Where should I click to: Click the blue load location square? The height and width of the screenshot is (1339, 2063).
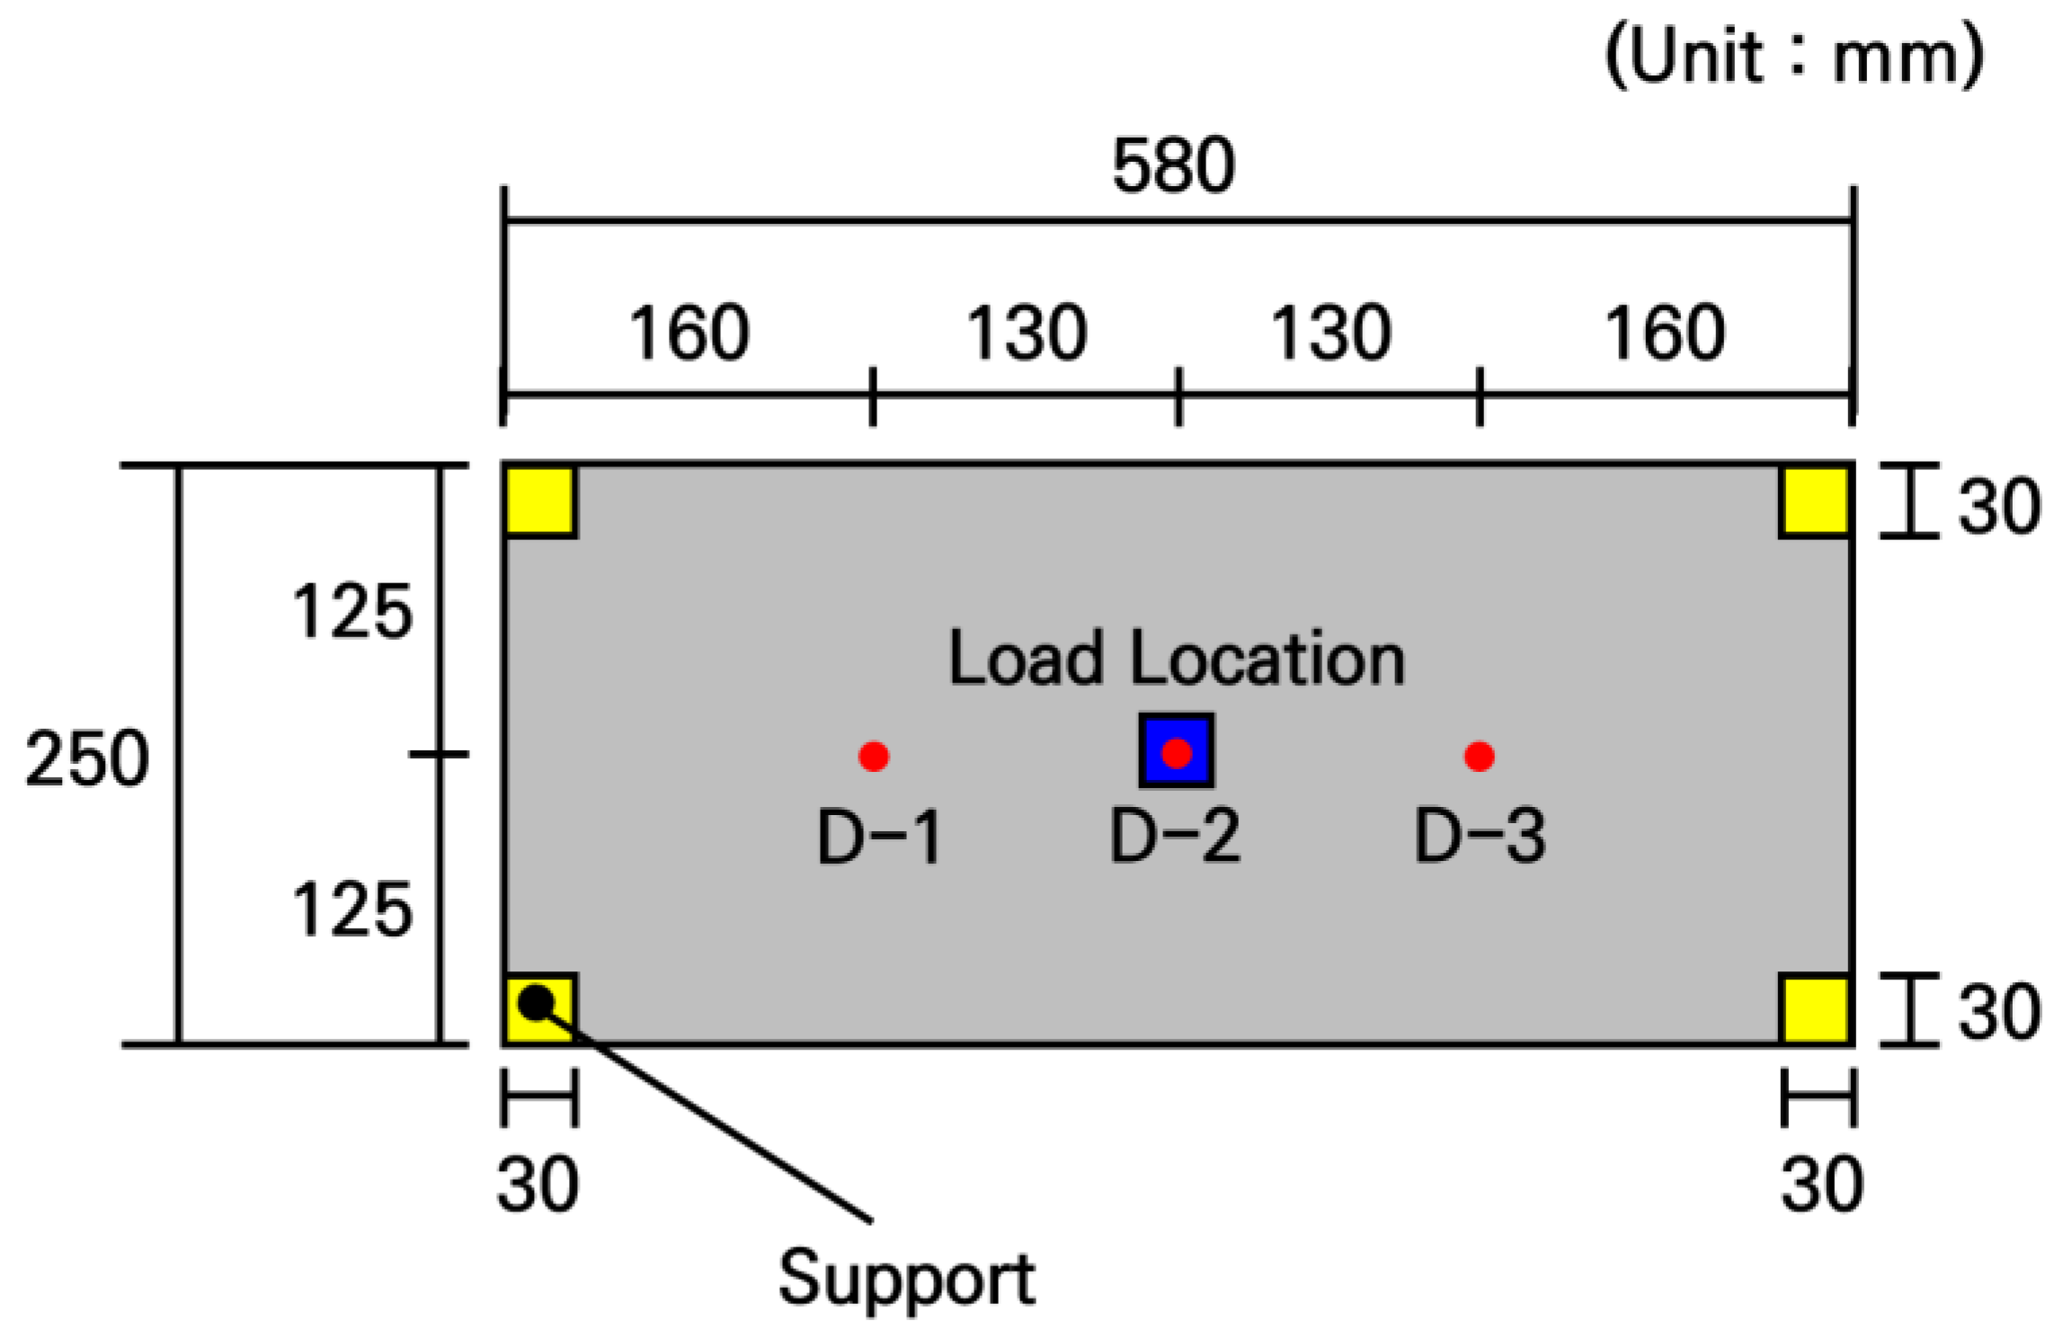(x=1176, y=750)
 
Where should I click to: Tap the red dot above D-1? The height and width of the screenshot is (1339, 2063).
(x=874, y=756)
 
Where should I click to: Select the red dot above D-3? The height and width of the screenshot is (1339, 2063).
(x=1479, y=756)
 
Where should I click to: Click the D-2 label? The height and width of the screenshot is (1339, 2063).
(x=1175, y=836)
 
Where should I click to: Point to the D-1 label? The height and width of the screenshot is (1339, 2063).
(x=878, y=837)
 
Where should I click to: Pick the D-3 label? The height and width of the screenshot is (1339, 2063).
(x=1480, y=836)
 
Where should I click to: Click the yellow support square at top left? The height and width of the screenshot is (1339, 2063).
(x=539, y=501)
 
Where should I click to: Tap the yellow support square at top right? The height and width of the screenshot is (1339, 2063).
(x=1816, y=501)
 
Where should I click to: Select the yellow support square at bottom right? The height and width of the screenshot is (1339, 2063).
(x=1816, y=1009)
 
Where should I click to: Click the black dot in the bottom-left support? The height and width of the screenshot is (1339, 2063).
(x=537, y=1002)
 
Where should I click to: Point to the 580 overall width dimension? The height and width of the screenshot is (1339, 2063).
(x=1173, y=165)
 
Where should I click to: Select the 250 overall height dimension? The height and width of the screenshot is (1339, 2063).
(x=86, y=758)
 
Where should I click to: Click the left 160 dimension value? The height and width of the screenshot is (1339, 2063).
(x=688, y=333)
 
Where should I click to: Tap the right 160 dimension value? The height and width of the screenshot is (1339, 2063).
(x=1665, y=333)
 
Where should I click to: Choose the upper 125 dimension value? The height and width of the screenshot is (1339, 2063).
(x=351, y=612)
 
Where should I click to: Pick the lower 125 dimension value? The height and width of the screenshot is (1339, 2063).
(x=351, y=909)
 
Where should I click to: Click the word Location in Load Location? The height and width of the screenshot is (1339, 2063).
(x=1267, y=659)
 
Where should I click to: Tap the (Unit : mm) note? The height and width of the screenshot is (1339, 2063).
(x=1794, y=57)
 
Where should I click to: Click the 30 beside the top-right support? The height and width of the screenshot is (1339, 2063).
(x=1998, y=506)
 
